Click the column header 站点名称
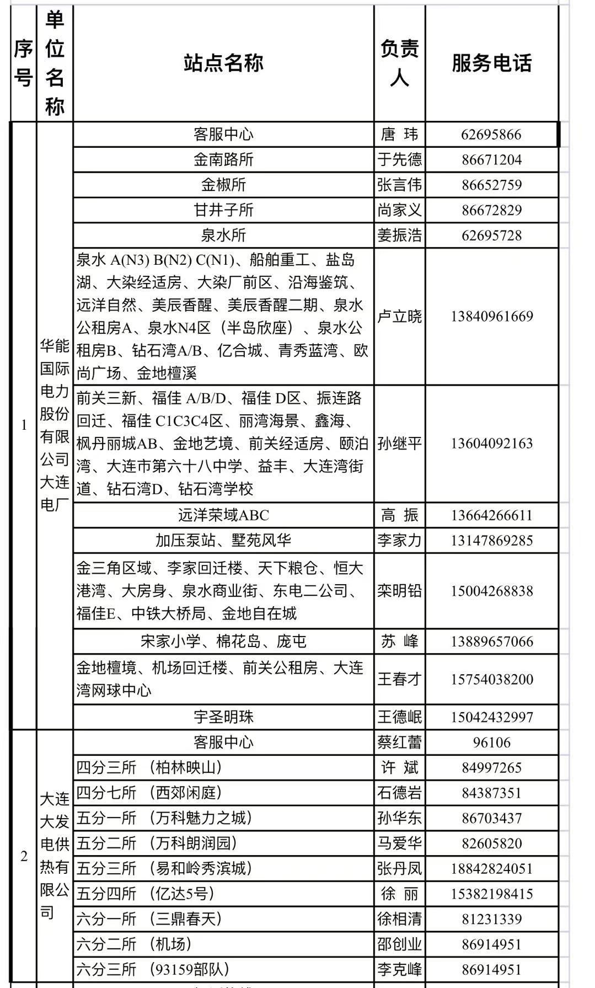[x=223, y=63]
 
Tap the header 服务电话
[x=491, y=63]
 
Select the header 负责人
[x=399, y=63]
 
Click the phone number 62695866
[x=491, y=135]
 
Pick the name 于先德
[x=399, y=160]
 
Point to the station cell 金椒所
[x=223, y=185]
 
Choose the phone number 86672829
[x=491, y=210]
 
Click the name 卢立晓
[x=399, y=317]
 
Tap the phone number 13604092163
[x=491, y=444]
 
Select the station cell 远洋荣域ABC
[x=223, y=515]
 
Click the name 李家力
[x=399, y=541]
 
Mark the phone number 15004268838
[x=491, y=591]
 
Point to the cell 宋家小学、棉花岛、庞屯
[x=223, y=642]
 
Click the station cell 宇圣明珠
[x=223, y=717]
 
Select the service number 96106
[x=491, y=743]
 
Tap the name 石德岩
[x=399, y=793]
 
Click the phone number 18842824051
[x=491, y=869]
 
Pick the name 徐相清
[x=399, y=919]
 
